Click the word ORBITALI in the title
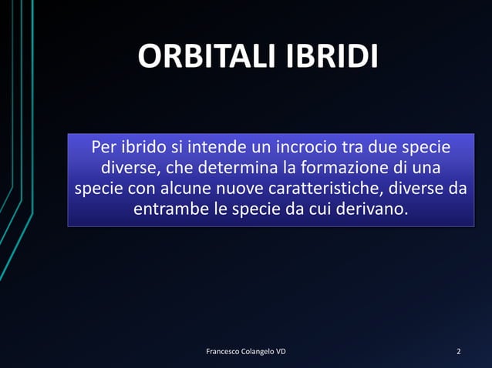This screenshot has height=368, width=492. (207, 57)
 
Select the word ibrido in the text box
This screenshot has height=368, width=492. (144, 146)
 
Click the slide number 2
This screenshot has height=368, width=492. (459, 352)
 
